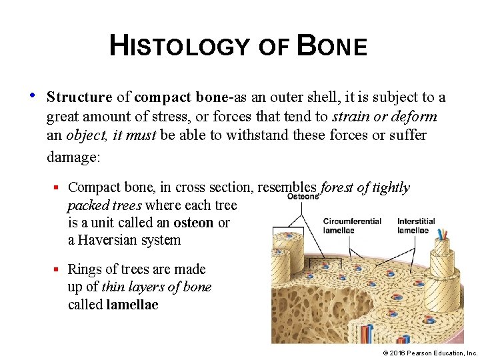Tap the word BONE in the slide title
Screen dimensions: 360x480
click(331, 46)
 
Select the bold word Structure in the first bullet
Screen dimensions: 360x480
click(79, 97)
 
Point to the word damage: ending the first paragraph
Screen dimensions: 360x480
click(73, 157)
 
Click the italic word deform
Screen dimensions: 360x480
click(415, 117)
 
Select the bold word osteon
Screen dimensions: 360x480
click(194, 223)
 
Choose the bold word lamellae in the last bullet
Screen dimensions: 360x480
click(132, 305)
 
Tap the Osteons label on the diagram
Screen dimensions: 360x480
click(303, 197)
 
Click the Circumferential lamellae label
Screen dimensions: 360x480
click(351, 225)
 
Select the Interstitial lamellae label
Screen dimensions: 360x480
click(415, 225)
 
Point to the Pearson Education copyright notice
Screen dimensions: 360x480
click(431, 351)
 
